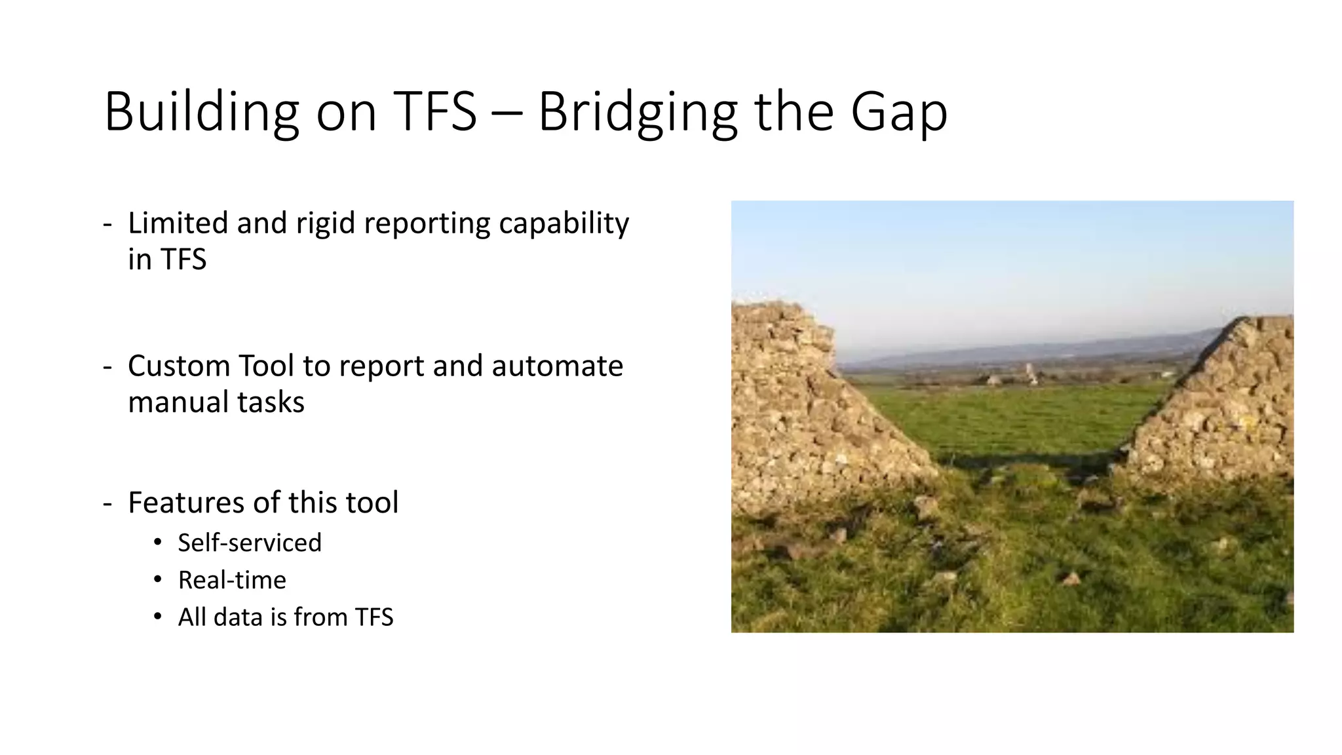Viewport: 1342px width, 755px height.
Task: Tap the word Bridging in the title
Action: pyautogui.click(x=637, y=113)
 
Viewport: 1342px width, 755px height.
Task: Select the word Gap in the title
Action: pyautogui.click(x=899, y=113)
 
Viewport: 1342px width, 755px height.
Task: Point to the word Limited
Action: pyautogui.click(x=178, y=223)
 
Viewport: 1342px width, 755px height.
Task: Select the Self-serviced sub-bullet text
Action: pyautogui.click(x=250, y=543)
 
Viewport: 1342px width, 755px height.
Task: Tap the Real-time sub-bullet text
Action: pyautogui.click(x=232, y=580)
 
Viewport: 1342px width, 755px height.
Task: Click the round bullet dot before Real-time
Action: pyautogui.click(x=157, y=580)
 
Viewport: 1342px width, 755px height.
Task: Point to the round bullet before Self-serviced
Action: pyautogui.click(x=157, y=543)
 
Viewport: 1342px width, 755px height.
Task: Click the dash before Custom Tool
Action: pyautogui.click(x=107, y=367)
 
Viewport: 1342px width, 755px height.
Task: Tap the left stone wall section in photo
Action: pyautogui.click(x=799, y=419)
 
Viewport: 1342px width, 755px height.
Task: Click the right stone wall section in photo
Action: pyautogui.click(x=1225, y=406)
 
